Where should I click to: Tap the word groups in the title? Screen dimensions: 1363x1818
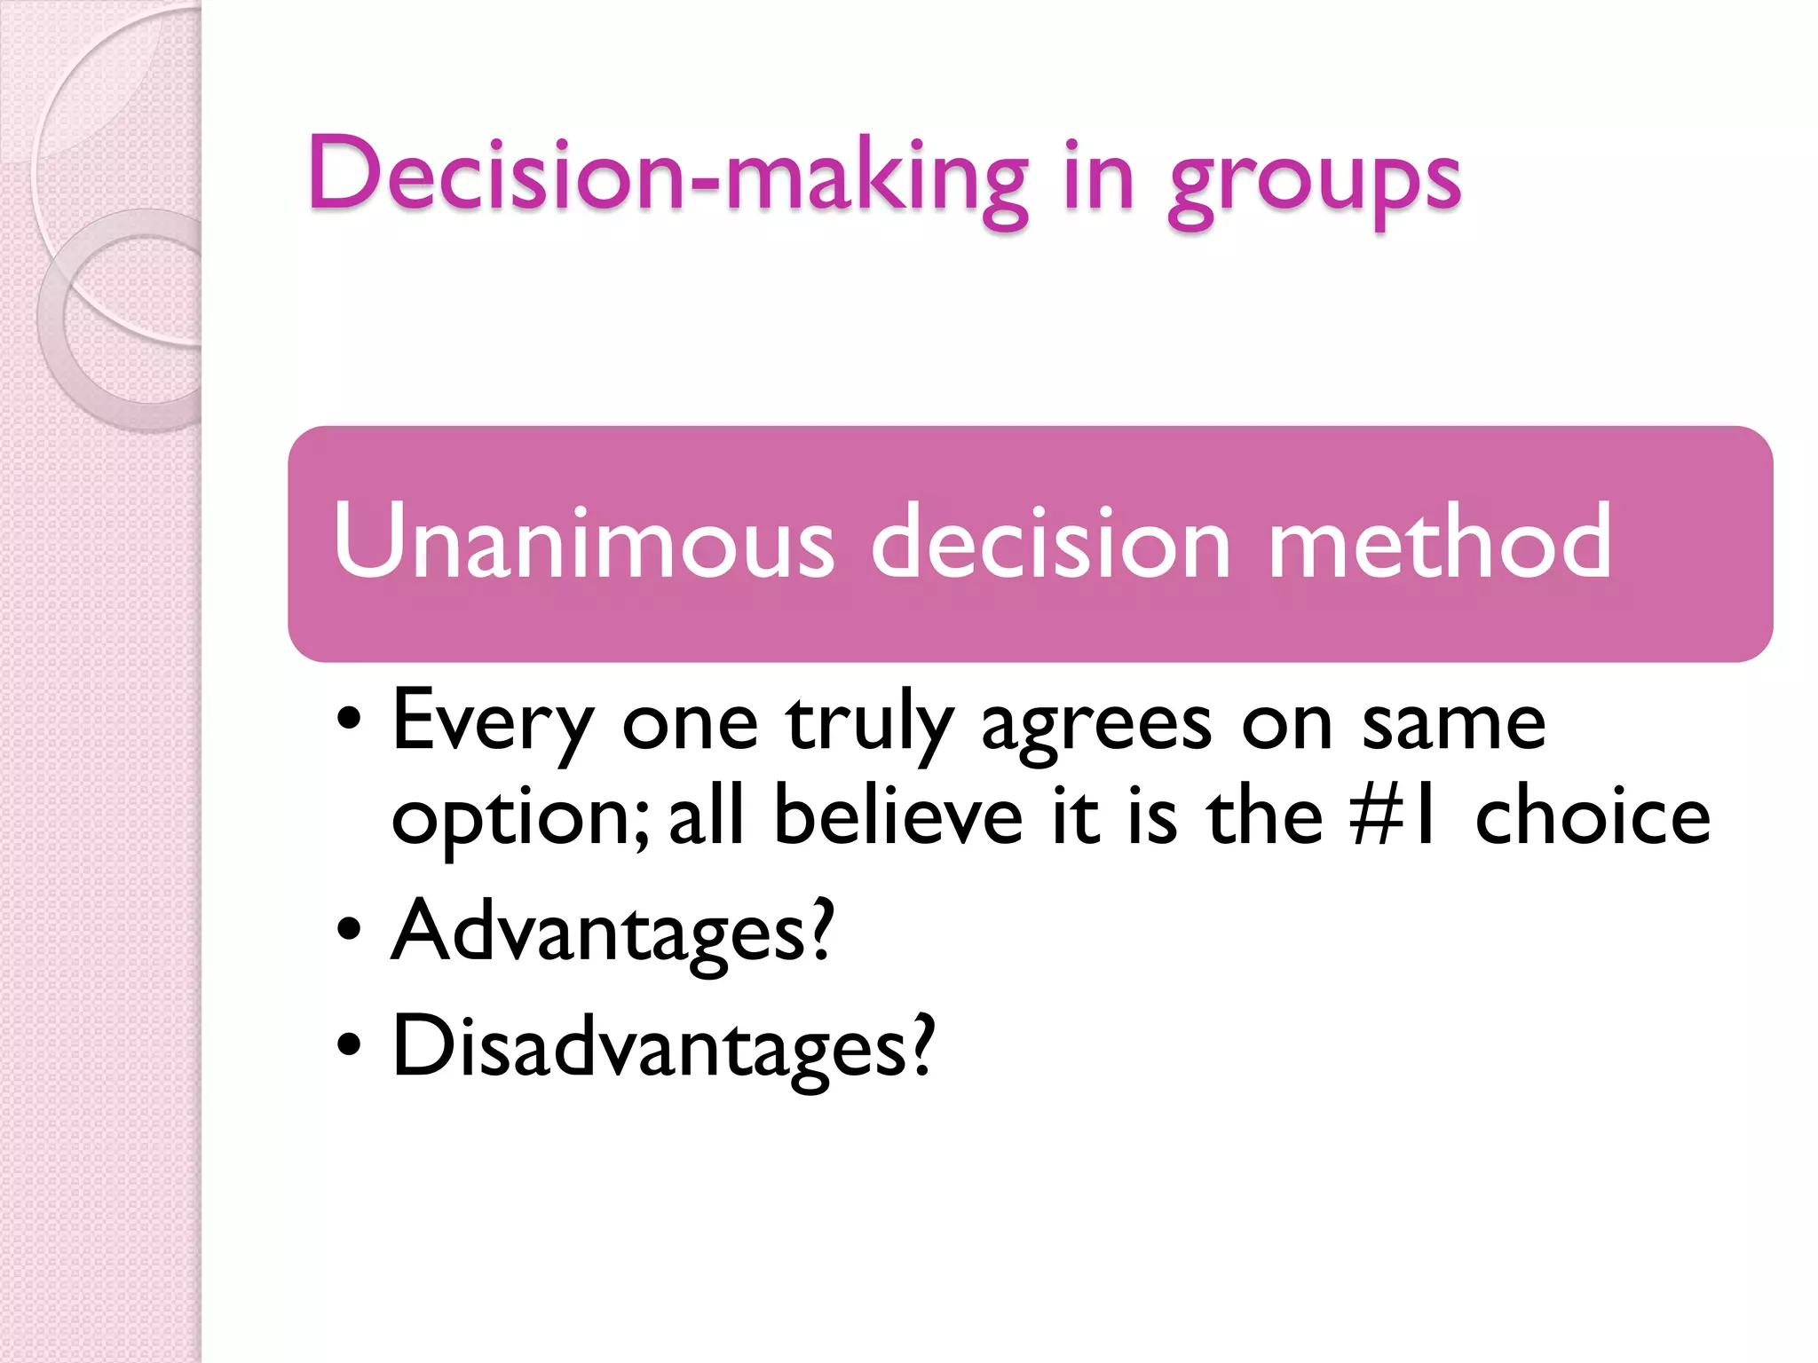[1315, 181]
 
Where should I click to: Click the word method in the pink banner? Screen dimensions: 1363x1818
[1439, 540]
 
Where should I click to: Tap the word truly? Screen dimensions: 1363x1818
[869, 723]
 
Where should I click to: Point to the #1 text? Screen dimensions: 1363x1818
[1393, 816]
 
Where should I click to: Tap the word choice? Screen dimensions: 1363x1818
[1593, 816]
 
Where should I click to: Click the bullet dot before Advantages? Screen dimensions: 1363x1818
[350, 930]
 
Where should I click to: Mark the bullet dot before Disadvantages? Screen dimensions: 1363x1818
[350, 1045]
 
